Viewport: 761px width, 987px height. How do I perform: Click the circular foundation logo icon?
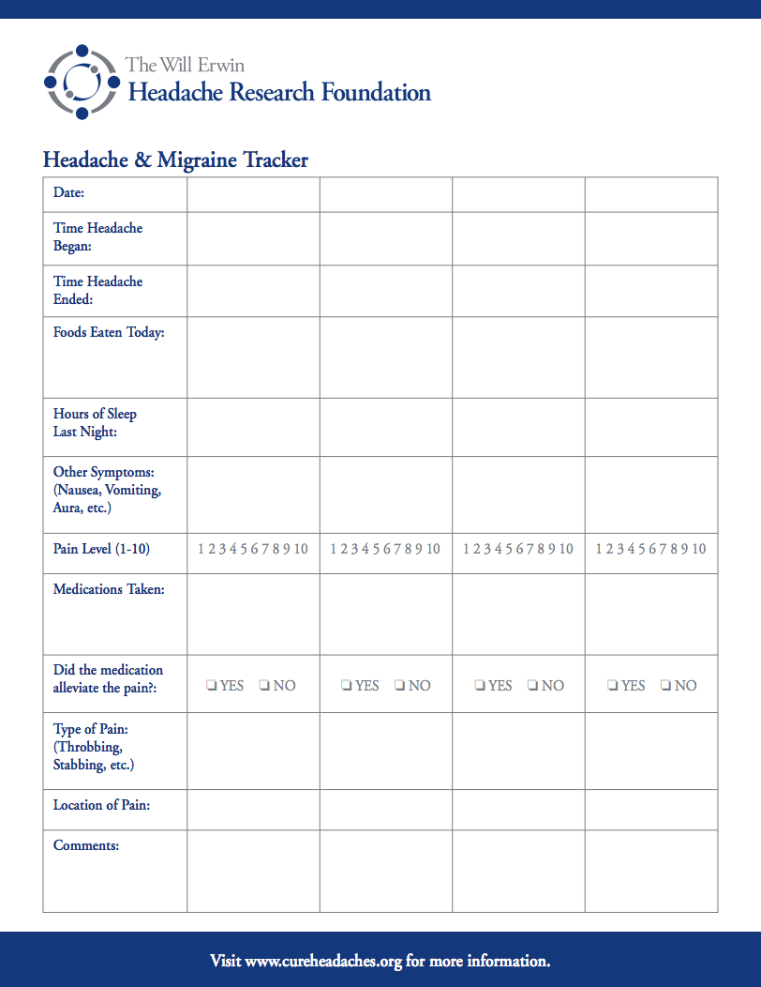[82, 82]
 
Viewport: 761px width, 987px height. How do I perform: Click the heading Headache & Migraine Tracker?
[175, 159]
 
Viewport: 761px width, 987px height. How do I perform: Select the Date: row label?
[69, 192]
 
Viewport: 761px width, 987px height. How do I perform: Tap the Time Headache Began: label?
[97, 237]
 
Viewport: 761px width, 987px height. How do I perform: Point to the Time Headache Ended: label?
[97, 291]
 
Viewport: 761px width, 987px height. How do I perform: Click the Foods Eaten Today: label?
[109, 333]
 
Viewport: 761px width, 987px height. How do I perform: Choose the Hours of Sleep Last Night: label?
[95, 423]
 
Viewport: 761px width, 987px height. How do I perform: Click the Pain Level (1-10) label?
[101, 549]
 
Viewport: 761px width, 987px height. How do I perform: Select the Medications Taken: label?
[109, 589]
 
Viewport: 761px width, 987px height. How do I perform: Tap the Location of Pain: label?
[101, 805]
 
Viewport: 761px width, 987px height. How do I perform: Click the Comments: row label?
[86, 845]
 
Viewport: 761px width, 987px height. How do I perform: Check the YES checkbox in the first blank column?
[212, 686]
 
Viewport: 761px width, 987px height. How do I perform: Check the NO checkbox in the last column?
[665, 686]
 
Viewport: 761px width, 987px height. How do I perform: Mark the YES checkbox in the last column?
[612, 686]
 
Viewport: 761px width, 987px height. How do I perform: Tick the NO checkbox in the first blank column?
[265, 686]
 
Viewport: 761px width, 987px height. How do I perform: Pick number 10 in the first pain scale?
[301, 549]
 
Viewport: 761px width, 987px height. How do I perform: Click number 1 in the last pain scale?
[598, 549]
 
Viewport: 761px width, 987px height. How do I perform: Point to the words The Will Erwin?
[185, 65]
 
